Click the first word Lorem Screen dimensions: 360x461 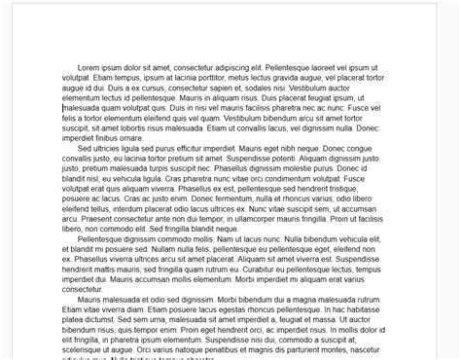click(90, 66)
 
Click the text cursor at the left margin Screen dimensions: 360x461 click(62, 109)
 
